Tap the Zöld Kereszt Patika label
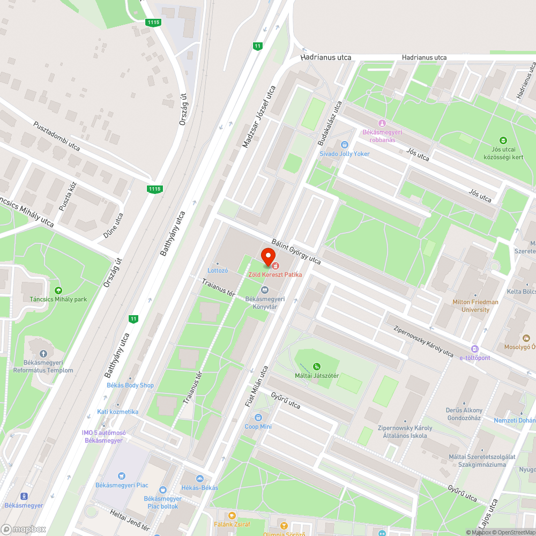[274, 274]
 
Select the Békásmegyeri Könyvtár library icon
[264, 290]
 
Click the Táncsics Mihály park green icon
[58, 290]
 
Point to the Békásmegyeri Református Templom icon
[43, 354]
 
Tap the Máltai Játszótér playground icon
[317, 366]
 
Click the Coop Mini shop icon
[258, 418]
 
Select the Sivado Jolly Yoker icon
[345, 145]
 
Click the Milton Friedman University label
[475, 306]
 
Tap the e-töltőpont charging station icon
[474, 349]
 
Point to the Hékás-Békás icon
[200, 479]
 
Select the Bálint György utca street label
[296, 251]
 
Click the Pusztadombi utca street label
[57, 136]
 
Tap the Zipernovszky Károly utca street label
[423, 341]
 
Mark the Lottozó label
[218, 271]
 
